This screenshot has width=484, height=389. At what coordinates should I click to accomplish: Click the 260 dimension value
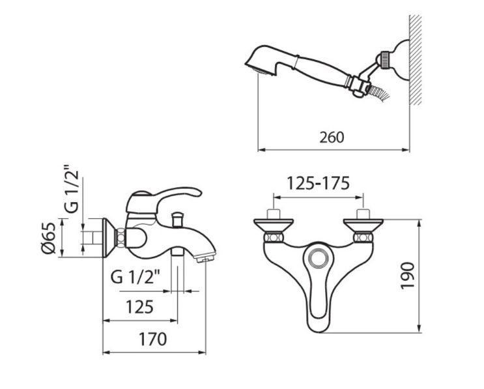click(332, 137)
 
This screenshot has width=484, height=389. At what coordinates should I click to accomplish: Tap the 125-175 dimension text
click(319, 183)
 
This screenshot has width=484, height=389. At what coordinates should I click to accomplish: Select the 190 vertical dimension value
click(407, 276)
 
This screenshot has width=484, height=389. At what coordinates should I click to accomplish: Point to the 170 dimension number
click(152, 339)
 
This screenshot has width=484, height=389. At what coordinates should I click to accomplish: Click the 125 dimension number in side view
click(139, 307)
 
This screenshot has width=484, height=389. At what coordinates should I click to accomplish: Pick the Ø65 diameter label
click(49, 237)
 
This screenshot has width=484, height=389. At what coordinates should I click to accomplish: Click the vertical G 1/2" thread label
click(71, 190)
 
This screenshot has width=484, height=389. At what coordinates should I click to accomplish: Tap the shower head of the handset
click(263, 61)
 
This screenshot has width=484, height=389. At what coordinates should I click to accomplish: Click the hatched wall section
click(416, 60)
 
